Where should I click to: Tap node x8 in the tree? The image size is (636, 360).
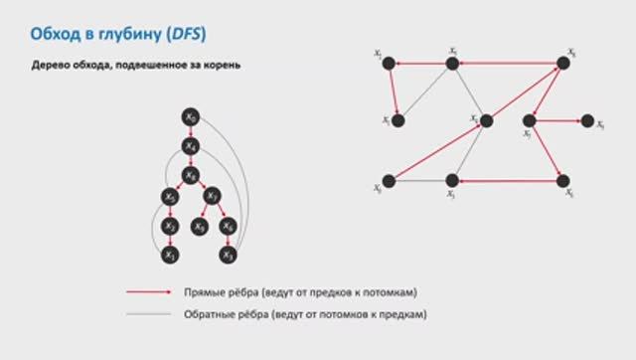[190, 176]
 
